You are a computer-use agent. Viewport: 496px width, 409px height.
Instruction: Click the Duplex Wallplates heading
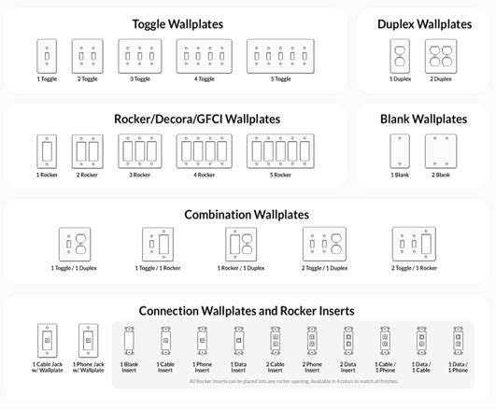tap(424, 23)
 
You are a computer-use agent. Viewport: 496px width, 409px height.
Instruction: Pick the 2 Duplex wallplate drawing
tap(443, 57)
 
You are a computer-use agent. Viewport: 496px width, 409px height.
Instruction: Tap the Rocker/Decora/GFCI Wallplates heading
tap(196, 119)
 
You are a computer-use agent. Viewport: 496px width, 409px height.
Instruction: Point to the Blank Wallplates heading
tap(423, 119)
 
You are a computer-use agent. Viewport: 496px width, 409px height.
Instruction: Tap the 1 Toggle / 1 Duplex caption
tap(78, 268)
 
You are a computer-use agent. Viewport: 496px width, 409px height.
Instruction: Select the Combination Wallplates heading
tap(243, 214)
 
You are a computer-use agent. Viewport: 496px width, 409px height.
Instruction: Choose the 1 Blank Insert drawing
tap(129, 340)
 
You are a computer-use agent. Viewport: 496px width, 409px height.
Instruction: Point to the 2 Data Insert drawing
tap(348, 340)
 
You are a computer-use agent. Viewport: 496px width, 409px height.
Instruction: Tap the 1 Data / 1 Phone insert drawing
tap(458, 340)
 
